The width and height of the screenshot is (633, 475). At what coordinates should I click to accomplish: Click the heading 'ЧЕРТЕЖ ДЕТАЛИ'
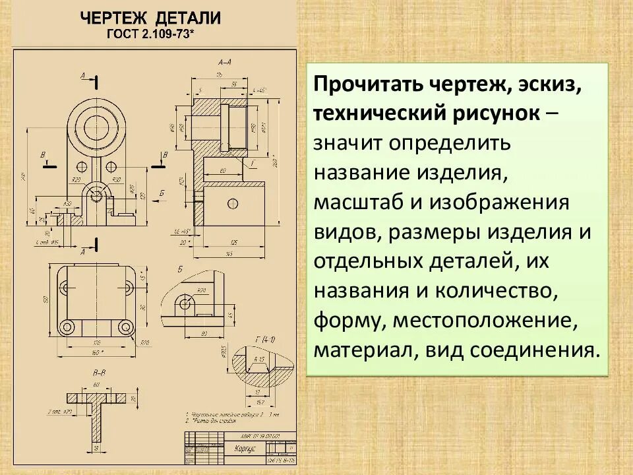point(150,18)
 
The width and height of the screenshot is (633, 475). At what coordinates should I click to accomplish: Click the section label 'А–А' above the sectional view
point(224,62)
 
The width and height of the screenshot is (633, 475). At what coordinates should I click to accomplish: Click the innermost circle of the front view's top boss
point(92,123)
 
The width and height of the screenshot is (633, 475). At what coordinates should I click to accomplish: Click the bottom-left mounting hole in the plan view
point(66,327)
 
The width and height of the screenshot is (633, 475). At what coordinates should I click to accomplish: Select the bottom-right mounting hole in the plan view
point(125,327)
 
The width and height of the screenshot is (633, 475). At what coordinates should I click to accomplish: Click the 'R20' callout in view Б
point(201,290)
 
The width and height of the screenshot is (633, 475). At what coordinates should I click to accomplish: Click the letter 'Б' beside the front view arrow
point(162,191)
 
